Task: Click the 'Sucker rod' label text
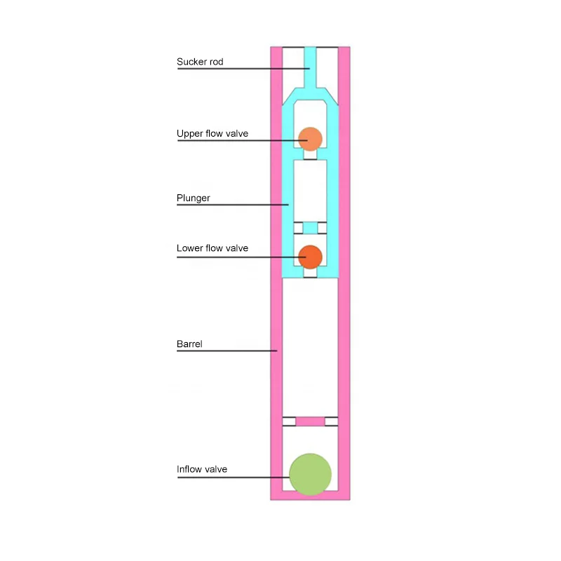(200, 62)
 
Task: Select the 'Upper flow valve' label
(212, 133)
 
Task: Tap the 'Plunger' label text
(193, 198)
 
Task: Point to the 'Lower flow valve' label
(212, 248)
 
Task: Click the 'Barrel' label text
(189, 344)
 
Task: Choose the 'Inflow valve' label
(202, 469)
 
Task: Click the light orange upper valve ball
(309, 138)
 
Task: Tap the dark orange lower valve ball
(309, 257)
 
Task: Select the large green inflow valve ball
(310, 473)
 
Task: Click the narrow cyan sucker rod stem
(310, 67)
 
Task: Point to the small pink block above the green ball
(310, 421)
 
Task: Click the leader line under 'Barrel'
(224, 350)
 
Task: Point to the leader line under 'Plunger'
(231, 205)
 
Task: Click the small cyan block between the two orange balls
(310, 228)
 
